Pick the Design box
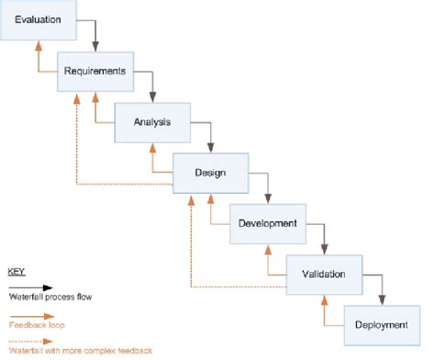[x=211, y=171]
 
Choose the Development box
[x=267, y=223]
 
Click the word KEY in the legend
[x=17, y=273]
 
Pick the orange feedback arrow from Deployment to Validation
[x=326, y=313]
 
